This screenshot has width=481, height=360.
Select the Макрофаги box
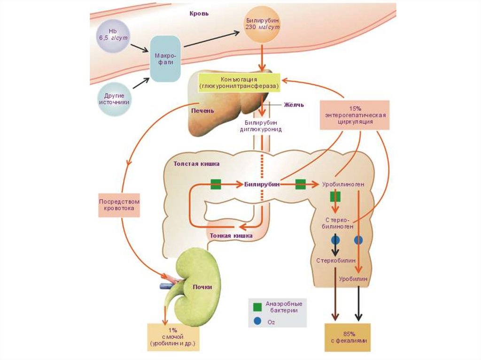165,58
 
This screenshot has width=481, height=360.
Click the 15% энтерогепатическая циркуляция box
355,115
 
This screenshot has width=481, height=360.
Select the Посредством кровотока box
119,205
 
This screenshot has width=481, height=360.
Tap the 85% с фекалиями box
348,337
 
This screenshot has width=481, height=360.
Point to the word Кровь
199,14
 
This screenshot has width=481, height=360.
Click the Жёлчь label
294,104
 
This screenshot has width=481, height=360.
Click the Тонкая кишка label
231,236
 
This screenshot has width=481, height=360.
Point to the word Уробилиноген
343,184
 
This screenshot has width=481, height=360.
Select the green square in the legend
257,307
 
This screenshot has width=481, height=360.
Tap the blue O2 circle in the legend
257,322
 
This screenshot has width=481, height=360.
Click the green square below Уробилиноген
335,196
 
